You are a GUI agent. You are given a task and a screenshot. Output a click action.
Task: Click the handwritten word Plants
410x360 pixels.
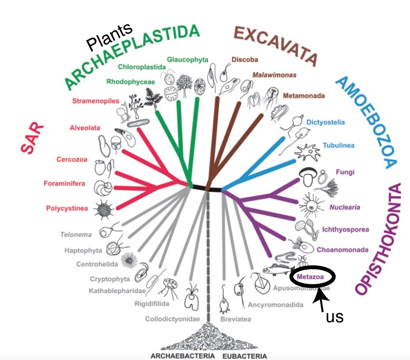(110, 37)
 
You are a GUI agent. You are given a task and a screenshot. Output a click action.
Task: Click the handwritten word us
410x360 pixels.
(334, 317)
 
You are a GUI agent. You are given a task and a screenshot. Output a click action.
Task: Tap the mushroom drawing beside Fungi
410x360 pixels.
(307, 177)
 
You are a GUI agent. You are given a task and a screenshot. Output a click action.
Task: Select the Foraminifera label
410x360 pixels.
(64, 183)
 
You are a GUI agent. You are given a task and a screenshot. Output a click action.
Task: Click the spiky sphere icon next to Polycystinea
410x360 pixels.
(102, 209)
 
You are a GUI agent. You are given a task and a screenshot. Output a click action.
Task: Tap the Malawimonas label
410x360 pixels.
(274, 75)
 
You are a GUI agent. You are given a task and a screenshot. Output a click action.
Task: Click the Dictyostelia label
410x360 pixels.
(326, 122)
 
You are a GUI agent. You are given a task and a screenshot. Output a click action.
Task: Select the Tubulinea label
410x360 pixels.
(338, 145)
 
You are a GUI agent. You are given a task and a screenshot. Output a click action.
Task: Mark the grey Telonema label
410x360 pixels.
(76, 235)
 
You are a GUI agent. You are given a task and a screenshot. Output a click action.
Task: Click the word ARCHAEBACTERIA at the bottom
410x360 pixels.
(183, 355)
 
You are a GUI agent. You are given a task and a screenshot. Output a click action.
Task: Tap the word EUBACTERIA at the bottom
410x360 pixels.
(245, 355)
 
